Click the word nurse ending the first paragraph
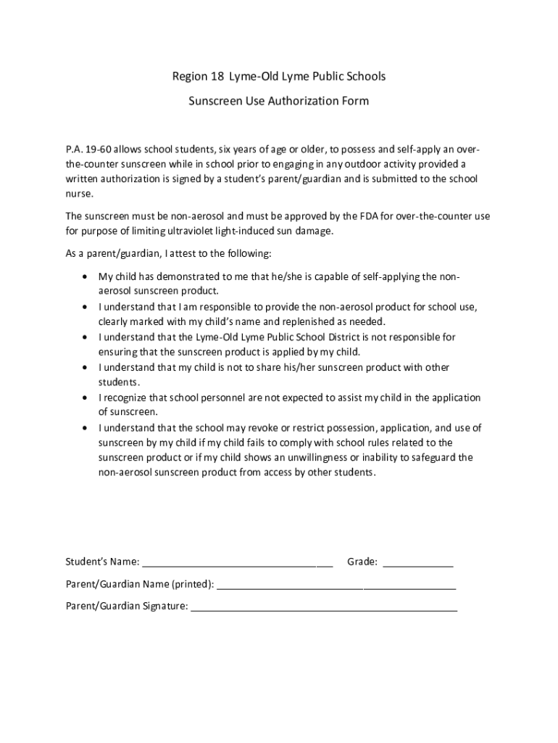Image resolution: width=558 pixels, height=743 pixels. (79, 194)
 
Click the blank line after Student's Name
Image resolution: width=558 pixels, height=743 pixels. (237, 564)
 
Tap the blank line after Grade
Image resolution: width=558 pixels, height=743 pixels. (417, 564)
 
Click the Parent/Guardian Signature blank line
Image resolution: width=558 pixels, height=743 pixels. (323, 609)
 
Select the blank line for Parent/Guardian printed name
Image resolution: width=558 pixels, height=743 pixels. (336, 586)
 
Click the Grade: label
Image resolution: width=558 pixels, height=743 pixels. (362, 562)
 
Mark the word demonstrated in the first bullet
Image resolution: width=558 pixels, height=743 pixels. (186, 276)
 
